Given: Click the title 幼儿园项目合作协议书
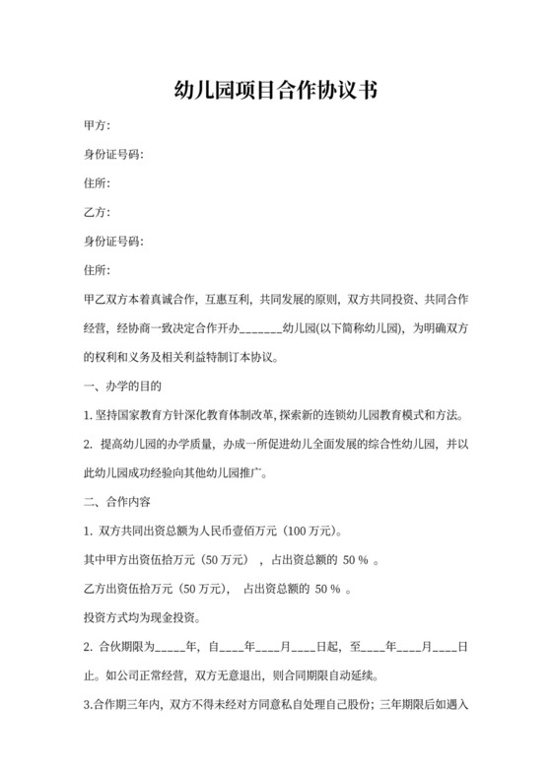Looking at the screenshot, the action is tap(276, 91).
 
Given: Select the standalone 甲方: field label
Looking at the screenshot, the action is tap(98, 126).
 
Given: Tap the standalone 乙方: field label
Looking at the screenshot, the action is tap(98, 212).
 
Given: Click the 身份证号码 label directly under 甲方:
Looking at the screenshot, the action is tap(114, 155).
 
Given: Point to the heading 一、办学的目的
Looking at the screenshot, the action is tap(123, 386).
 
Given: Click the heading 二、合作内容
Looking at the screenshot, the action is tap(116, 502).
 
